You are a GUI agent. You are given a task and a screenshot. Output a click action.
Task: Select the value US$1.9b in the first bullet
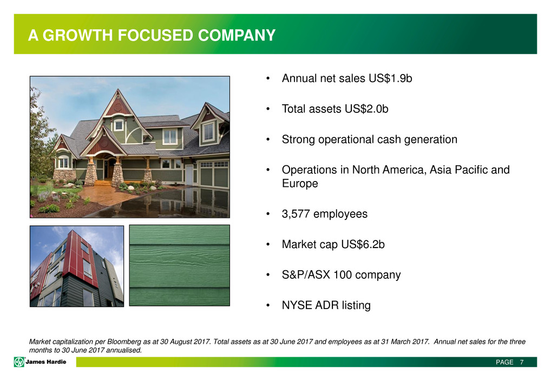click(x=390, y=78)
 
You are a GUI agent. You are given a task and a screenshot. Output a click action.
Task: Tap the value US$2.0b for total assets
click(x=366, y=109)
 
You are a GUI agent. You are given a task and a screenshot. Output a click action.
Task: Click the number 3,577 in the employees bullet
click(x=296, y=214)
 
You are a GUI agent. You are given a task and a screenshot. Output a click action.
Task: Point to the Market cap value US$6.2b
click(x=363, y=244)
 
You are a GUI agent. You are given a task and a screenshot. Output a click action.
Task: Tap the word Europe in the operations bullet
click(x=300, y=184)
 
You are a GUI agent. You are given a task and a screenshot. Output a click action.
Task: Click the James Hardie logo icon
click(x=19, y=362)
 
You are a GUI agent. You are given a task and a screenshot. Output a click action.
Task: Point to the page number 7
click(x=522, y=362)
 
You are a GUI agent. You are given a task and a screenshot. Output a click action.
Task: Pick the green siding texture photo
click(x=180, y=265)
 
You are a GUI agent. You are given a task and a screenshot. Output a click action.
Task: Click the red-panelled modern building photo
click(x=77, y=266)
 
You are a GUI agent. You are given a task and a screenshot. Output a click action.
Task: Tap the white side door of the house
click(x=189, y=175)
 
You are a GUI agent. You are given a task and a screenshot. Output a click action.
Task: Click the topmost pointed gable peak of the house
click(x=117, y=90)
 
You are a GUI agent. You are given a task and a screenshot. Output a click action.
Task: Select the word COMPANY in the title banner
click(x=237, y=36)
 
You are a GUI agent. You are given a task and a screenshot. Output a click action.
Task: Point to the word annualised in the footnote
click(x=124, y=350)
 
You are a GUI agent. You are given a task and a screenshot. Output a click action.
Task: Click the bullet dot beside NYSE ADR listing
click(x=268, y=305)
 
